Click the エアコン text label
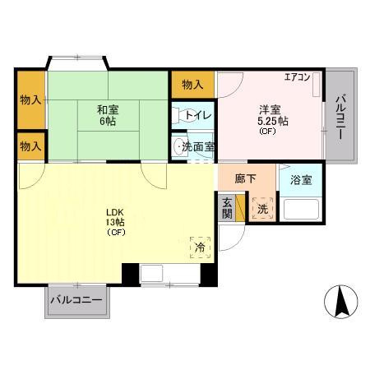(x=297, y=77)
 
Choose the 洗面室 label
(x=198, y=147)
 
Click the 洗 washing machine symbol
(x=261, y=208)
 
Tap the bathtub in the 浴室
(x=302, y=209)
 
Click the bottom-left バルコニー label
(x=76, y=301)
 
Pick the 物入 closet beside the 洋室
(x=193, y=83)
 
